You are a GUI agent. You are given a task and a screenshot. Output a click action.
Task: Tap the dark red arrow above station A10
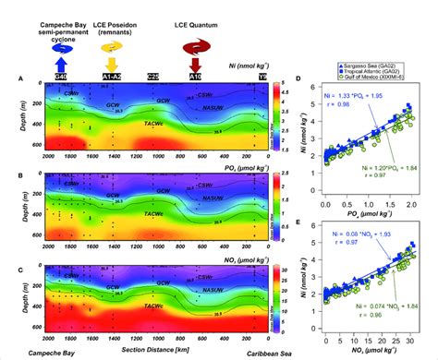(x=195, y=64)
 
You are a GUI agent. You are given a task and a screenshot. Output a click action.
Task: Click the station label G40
(x=60, y=78)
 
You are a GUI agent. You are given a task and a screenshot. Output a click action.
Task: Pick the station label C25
(x=152, y=78)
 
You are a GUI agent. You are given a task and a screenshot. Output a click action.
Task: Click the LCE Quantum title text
(x=196, y=19)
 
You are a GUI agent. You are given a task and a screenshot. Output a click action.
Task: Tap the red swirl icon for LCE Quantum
(x=195, y=41)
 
